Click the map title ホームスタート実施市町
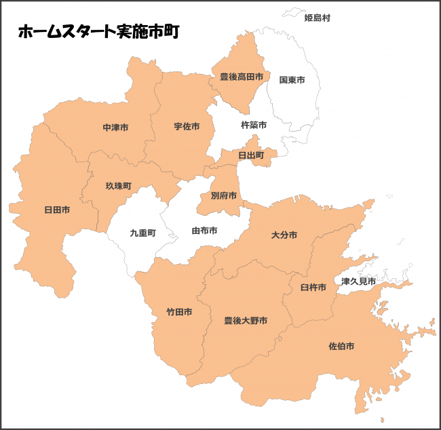[x=98, y=32]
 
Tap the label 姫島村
[x=318, y=18]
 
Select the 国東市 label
[x=292, y=80]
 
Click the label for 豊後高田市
[x=241, y=77]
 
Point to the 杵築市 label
[x=254, y=125]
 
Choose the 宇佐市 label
[x=187, y=127]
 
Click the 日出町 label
[x=251, y=155]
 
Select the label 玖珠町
[x=118, y=185]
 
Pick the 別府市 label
[x=224, y=196]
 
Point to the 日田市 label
[x=57, y=210]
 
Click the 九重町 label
[x=142, y=233]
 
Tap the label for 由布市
[x=204, y=231]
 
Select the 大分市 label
[x=284, y=235]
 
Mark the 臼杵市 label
[x=313, y=288]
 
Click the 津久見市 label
[x=358, y=281]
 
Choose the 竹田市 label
[x=179, y=313]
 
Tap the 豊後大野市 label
[x=246, y=320]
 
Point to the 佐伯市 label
[x=341, y=346]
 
